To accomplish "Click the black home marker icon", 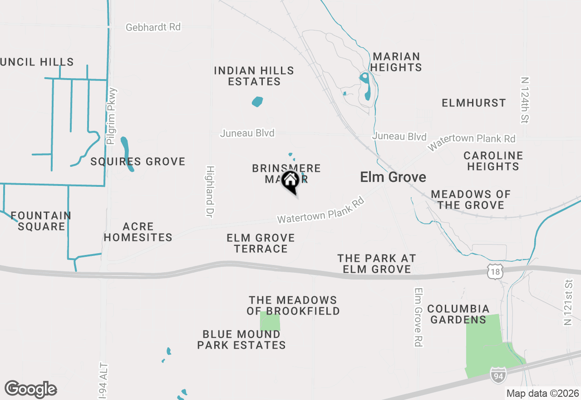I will click(290, 181).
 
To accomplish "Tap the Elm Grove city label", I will click(393, 177).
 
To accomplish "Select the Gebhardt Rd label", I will click(153, 27).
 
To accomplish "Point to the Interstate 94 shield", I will click(497, 375).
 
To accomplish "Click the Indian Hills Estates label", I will click(254, 76).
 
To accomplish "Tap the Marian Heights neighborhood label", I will click(397, 62).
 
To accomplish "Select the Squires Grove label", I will click(138, 161).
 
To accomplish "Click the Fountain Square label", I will click(41, 221).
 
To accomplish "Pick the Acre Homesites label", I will click(138, 232).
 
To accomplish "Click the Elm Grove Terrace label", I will click(261, 243).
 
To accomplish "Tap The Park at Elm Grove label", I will click(377, 264).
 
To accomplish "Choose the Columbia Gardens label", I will click(458, 314).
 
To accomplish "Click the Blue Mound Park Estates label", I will click(241, 340).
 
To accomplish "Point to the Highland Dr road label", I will click(209, 191).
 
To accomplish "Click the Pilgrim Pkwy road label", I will click(112, 116).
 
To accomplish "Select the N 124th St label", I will click(526, 100).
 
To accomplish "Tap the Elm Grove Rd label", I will click(419, 317).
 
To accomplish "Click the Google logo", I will click(30, 389).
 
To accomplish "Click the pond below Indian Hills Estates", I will click(257, 101).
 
